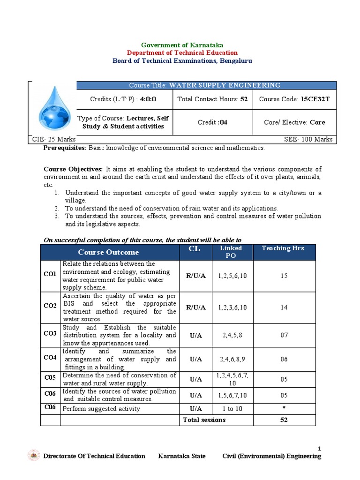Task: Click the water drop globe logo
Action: pos(52,109)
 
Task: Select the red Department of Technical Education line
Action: pos(182,53)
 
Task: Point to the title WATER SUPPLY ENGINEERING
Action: pos(225,85)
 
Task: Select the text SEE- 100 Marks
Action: pos(308,139)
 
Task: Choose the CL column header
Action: pos(194,249)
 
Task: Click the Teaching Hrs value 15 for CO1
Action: pos(284,276)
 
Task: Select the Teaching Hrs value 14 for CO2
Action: pos(284,307)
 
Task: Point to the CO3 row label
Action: pos(50,333)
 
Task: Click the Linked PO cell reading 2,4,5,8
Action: pos(231,335)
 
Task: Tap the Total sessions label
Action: pos(204,420)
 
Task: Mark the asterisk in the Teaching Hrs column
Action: pos(284,408)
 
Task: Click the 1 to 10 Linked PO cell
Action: pos(231,409)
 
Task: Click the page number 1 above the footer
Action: pos(320,449)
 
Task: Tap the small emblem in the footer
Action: pos(34,456)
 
